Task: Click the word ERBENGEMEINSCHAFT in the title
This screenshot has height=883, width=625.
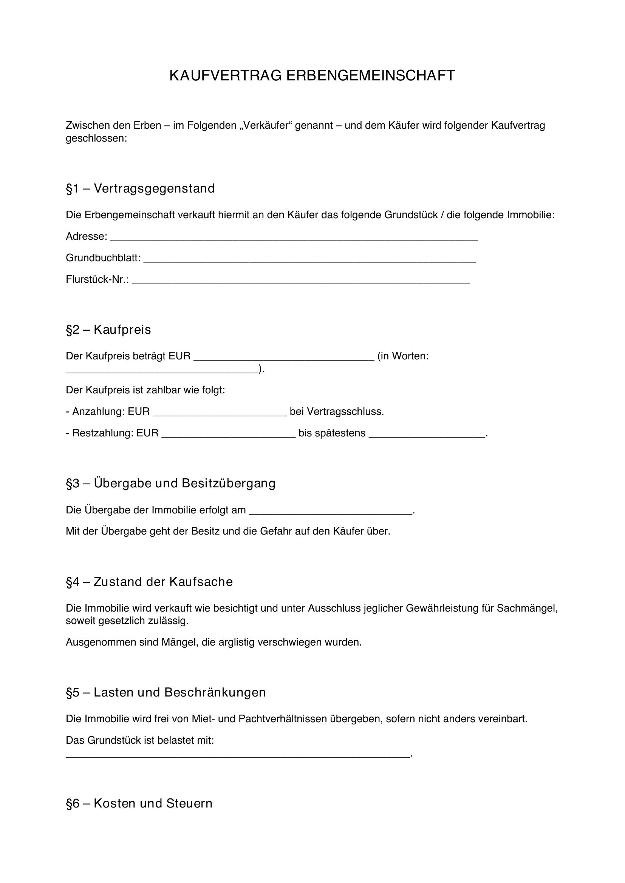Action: point(370,76)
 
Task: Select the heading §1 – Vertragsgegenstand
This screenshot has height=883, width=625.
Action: point(140,189)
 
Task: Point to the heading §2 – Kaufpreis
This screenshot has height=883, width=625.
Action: point(108,330)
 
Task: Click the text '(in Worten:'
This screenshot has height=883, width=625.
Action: point(403,356)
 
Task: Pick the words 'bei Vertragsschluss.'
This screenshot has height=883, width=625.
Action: point(337,412)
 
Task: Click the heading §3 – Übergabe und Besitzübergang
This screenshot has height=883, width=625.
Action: point(170,484)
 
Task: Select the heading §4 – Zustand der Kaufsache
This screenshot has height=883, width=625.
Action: point(149,582)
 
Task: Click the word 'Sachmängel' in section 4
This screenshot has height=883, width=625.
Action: point(527,609)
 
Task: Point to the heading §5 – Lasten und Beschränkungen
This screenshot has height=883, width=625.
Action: point(166,692)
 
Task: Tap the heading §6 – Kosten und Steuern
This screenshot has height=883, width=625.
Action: point(139,803)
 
